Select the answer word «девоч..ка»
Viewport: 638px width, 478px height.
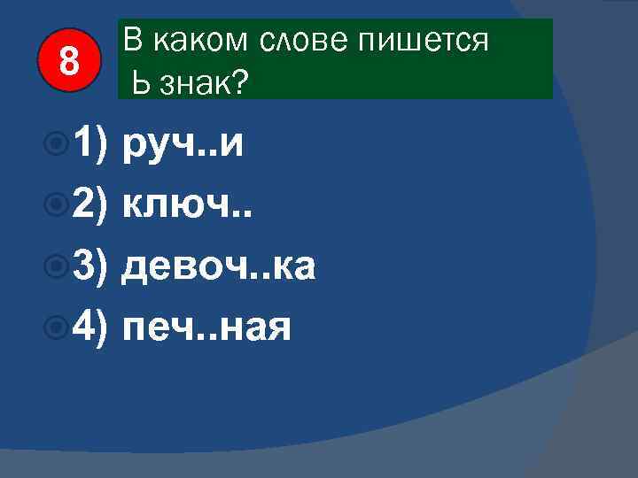point(218,266)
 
